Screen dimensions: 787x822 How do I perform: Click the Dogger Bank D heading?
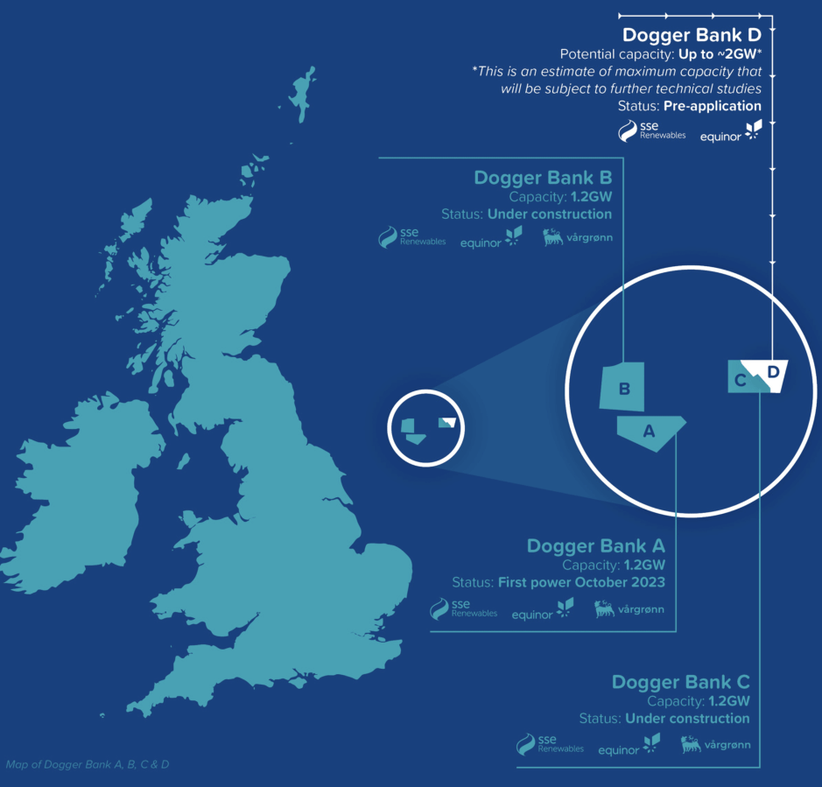692,36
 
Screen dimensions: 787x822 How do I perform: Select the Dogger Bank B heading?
543,178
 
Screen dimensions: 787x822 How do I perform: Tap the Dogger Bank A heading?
596,546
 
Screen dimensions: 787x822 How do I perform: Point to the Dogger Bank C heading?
681,682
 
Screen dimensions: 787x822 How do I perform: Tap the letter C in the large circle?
741,380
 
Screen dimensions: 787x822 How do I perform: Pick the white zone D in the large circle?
774,373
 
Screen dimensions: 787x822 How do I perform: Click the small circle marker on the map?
425,426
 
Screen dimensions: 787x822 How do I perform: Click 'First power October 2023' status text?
581,582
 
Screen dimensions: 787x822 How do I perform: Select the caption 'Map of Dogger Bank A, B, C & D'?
88,764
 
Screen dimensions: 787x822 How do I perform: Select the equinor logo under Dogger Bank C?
629,747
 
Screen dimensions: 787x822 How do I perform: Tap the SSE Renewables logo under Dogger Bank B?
411,238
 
